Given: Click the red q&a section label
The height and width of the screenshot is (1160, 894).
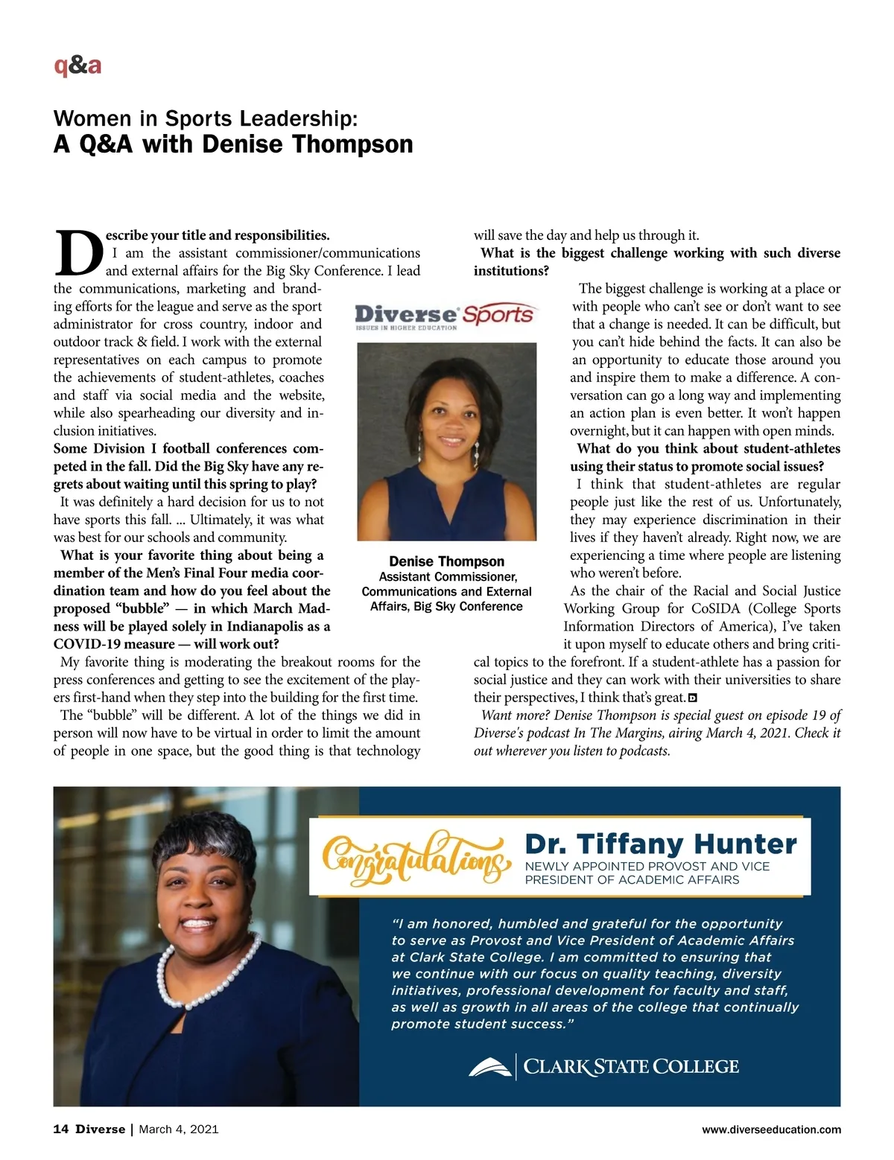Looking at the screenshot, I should point(77,66).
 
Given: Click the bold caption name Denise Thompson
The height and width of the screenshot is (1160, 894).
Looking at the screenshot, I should point(446,561).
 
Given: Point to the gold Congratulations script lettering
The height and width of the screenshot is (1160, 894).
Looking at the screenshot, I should point(416,857).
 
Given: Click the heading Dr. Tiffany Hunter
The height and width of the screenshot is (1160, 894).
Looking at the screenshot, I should point(661,844).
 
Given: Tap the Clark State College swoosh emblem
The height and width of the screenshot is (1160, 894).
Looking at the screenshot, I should point(490,1067).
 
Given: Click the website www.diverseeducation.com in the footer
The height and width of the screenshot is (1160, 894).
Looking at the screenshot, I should point(771,1129).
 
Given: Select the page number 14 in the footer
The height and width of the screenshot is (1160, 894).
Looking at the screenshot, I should point(60,1129).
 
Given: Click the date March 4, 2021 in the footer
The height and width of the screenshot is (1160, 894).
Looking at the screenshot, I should point(179,1129).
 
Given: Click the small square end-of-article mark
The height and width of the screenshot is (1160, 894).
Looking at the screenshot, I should point(693,698).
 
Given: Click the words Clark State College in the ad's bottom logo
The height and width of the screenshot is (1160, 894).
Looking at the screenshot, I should point(631,1067).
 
